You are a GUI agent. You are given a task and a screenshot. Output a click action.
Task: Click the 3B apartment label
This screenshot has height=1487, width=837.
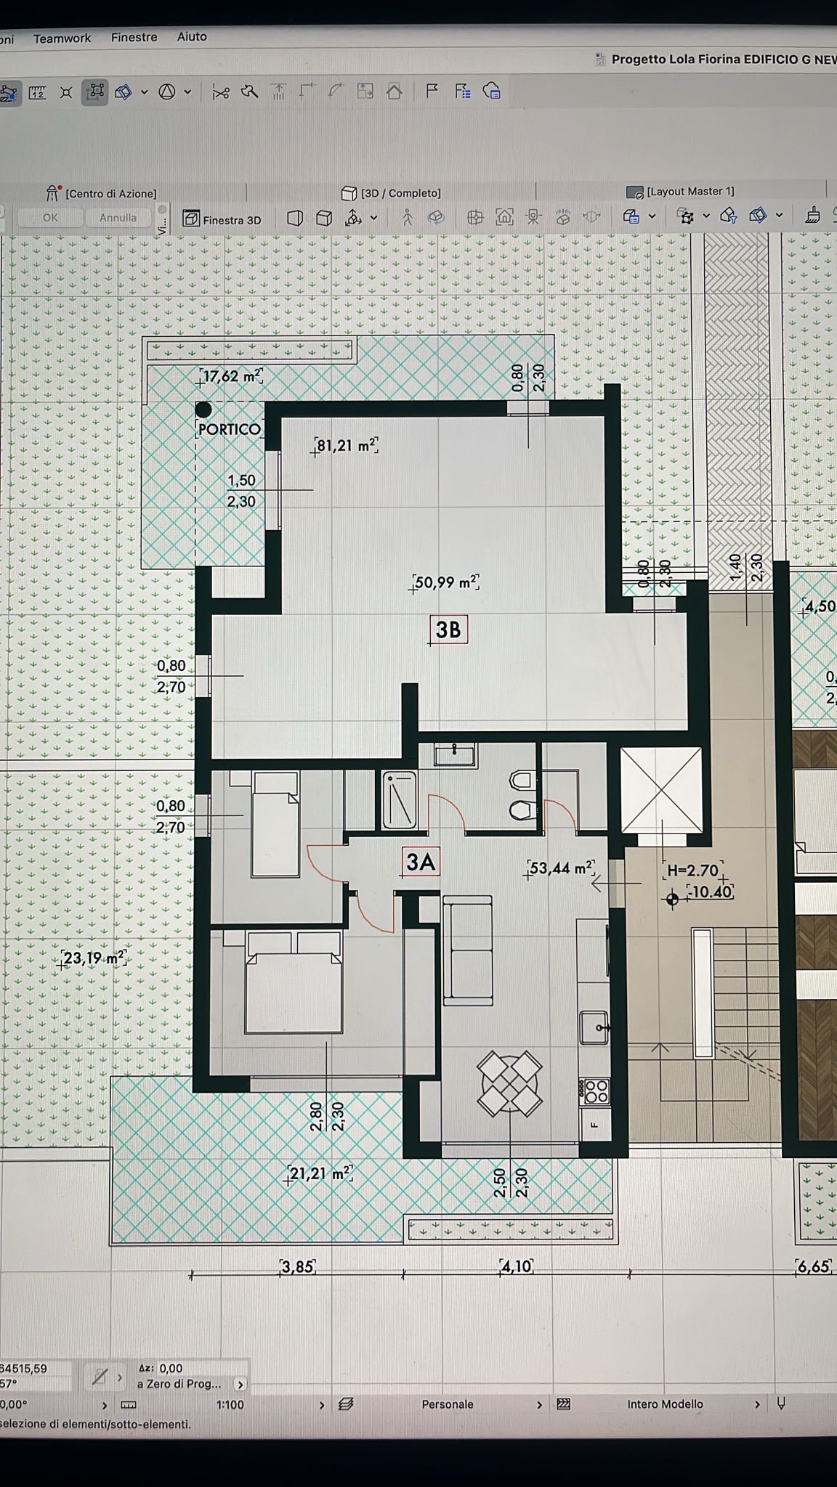(x=448, y=630)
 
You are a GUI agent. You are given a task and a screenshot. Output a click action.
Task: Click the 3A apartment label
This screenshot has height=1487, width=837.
(x=421, y=862)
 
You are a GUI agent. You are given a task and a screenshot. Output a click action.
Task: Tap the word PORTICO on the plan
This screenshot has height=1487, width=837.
(x=229, y=429)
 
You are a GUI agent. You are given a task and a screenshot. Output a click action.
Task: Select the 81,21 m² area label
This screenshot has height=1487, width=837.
(x=346, y=445)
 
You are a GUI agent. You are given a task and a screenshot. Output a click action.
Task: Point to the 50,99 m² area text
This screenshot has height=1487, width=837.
(x=446, y=582)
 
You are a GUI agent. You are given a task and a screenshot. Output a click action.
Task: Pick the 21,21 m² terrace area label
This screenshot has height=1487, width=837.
(x=320, y=1173)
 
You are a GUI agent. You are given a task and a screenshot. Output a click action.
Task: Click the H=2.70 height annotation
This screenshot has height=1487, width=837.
(x=693, y=870)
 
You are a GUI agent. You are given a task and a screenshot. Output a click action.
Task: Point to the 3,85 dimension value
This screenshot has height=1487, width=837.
(x=297, y=1267)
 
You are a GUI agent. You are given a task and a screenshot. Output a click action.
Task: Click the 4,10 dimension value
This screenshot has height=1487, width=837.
(x=517, y=1267)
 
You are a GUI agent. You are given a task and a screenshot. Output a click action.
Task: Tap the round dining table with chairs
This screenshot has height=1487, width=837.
(x=509, y=1085)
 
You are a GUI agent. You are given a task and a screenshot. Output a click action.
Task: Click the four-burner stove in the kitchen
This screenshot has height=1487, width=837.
(x=594, y=1091)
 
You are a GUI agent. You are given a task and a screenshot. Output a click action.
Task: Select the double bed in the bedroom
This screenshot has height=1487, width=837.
(x=294, y=982)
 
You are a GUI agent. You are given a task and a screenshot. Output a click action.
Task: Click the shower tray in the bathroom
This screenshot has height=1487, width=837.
(x=400, y=800)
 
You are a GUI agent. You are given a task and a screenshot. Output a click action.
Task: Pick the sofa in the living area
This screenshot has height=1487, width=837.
(x=468, y=950)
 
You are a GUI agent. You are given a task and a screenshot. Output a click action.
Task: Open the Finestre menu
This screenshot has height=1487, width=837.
(x=134, y=37)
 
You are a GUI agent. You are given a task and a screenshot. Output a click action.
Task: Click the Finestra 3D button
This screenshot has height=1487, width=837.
(x=222, y=219)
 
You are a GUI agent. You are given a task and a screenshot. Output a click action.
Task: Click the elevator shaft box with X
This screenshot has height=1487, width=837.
(x=661, y=791)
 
